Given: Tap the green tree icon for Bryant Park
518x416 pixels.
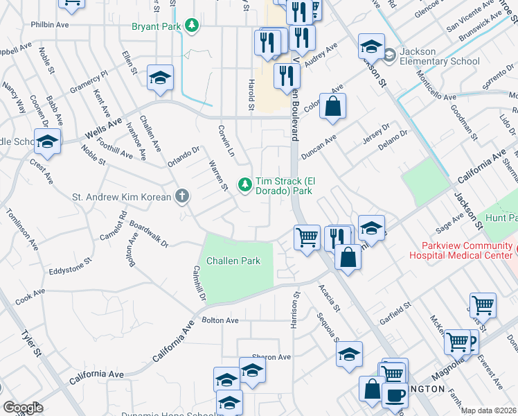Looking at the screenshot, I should tap(191, 27).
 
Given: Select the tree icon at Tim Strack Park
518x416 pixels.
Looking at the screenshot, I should tap(244, 184).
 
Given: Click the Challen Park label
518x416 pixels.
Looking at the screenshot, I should tap(233, 261).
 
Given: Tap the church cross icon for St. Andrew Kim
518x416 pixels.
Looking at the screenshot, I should tap(181, 197).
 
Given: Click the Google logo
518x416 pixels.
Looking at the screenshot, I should tap(22, 408).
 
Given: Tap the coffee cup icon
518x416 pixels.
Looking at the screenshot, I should tap(395, 395).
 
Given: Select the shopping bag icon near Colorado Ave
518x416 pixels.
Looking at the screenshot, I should tap(332, 107).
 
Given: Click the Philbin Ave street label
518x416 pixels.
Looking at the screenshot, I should tap(50, 24).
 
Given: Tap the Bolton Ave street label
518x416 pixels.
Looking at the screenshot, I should tap(220, 320).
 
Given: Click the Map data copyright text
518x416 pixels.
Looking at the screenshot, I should tap(489, 410).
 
